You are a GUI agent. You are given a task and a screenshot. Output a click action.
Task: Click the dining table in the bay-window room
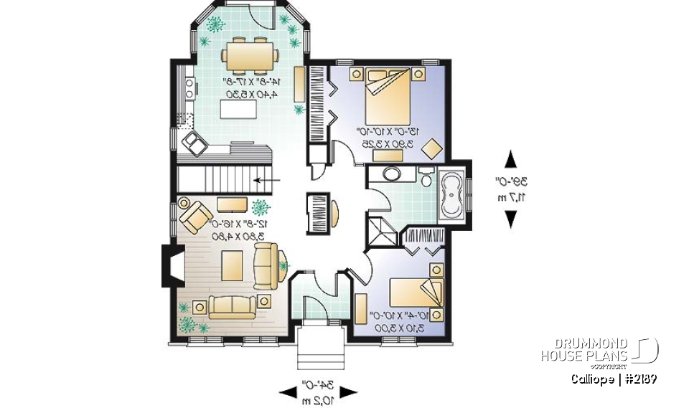[248, 56]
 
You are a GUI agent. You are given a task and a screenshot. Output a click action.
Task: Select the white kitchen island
[239, 111]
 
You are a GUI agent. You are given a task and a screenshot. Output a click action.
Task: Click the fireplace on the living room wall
[168, 265]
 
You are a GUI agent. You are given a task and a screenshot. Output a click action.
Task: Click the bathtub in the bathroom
[451, 194]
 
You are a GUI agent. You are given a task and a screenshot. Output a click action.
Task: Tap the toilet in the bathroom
[426, 177]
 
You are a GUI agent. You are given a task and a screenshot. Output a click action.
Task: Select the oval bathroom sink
[393, 174]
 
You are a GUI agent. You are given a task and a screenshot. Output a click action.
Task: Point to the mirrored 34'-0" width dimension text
[318, 392]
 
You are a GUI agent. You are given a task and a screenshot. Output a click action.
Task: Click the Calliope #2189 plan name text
[614, 379]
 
